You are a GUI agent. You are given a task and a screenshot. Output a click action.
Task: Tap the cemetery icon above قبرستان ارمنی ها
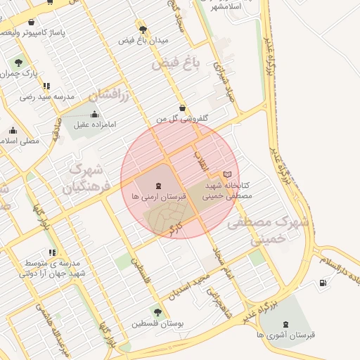pyautogui.click(x=158, y=186)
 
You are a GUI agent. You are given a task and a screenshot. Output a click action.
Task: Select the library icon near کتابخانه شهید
pyautogui.click(x=226, y=174)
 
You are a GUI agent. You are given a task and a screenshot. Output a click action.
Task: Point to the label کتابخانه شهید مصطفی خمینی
pyautogui.click(x=227, y=191)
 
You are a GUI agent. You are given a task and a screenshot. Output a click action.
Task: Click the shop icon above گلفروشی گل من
pyautogui.click(x=183, y=108)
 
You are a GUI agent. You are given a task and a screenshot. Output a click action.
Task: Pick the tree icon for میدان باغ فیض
pyautogui.click(x=143, y=30)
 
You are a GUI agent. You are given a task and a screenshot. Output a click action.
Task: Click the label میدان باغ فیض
pyautogui.click(x=143, y=41)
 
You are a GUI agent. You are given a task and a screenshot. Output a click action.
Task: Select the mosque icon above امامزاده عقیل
pyautogui.click(x=95, y=115)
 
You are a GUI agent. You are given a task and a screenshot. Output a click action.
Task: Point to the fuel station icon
pyautogui.click(x=323, y=283)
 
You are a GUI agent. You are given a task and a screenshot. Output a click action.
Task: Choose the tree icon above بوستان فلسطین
pyautogui.click(x=157, y=312)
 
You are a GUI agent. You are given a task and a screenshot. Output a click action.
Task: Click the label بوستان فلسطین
pyautogui.click(x=157, y=324)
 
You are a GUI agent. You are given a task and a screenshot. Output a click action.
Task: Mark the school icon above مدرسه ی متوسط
pyautogui.click(x=51, y=252)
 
